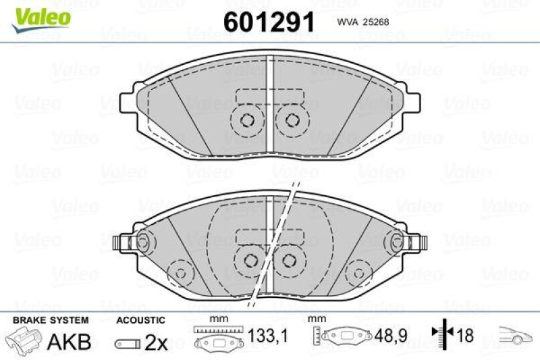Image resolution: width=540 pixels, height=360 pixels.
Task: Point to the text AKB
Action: [x=69, y=342]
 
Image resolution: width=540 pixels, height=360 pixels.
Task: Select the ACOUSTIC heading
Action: [x=140, y=320]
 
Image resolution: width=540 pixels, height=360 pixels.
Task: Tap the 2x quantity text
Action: [x=156, y=342]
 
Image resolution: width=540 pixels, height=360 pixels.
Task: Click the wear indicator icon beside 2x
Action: [x=128, y=343]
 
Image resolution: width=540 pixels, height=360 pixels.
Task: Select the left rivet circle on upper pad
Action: [x=246, y=120]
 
